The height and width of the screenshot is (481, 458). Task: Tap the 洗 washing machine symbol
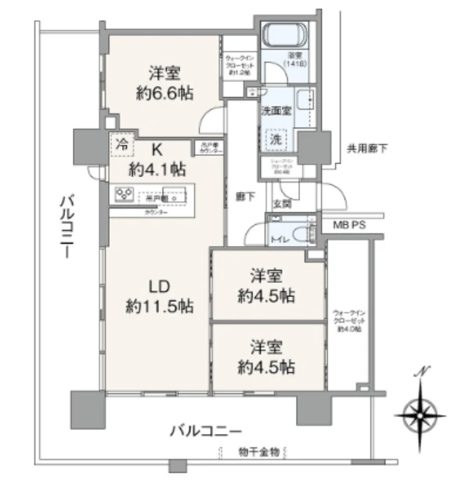coord(278,137)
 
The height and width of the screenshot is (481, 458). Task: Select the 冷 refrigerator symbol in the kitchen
coord(122,144)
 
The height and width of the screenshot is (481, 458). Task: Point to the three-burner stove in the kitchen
coord(124,195)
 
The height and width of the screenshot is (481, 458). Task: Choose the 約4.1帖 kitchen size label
coord(157,168)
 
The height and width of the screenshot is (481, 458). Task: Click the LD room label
coord(159,283)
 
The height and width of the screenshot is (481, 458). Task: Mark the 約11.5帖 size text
coord(159,305)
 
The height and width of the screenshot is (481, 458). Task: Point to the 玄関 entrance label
coord(281,202)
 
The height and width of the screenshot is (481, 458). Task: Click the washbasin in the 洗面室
coord(305,101)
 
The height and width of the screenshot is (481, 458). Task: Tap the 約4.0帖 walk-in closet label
coord(346,329)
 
